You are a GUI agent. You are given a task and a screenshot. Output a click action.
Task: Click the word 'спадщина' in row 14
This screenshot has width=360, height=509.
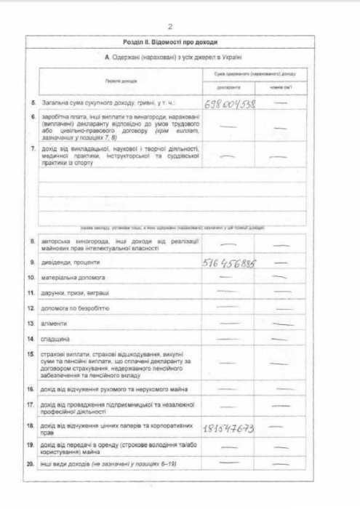[x=56, y=339]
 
